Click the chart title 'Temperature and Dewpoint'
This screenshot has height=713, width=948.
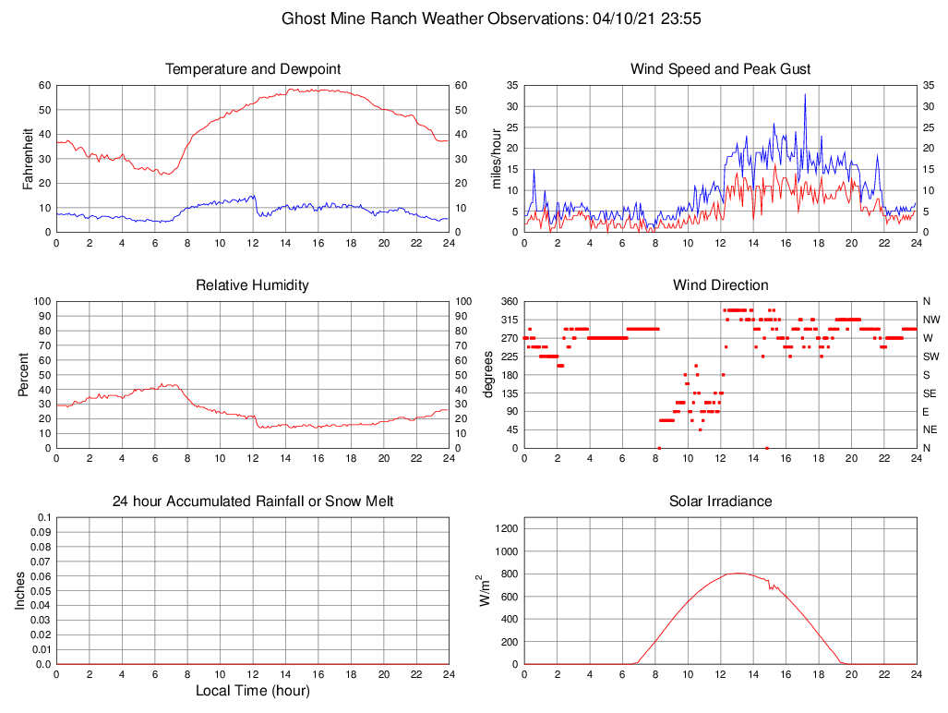(252, 69)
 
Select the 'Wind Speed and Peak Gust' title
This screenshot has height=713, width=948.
(720, 69)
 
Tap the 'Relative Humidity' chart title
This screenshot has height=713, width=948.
(252, 285)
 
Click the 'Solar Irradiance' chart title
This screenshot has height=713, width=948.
(720, 502)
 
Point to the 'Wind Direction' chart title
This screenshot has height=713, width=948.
(720, 285)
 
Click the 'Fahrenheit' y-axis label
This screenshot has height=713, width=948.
(28, 158)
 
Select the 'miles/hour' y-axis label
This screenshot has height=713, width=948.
(496, 158)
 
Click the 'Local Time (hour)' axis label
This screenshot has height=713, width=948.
(252, 691)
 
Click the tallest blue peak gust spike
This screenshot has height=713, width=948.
(805, 94)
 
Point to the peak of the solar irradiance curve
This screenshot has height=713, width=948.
(738, 573)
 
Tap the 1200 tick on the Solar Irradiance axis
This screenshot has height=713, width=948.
(508, 529)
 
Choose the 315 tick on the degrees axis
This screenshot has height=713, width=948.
(507, 320)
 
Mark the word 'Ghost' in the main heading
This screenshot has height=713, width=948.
(303, 18)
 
